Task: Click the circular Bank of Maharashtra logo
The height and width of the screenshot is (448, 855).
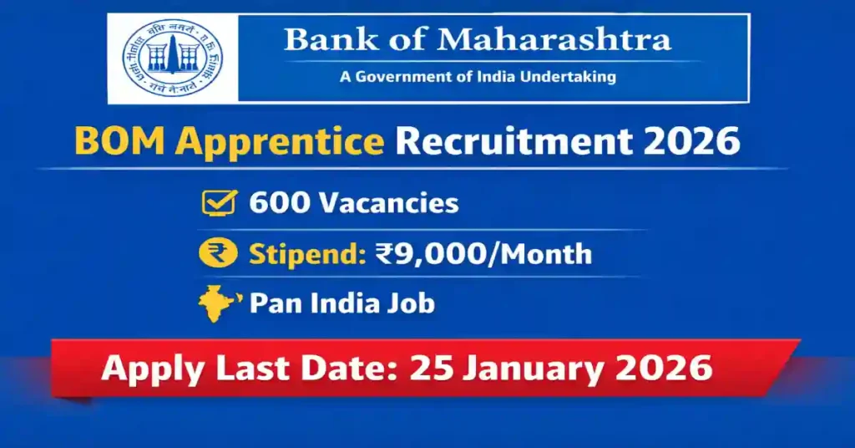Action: click(174, 59)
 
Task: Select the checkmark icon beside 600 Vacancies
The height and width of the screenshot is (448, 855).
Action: click(217, 203)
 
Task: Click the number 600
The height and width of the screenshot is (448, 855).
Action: click(276, 203)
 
